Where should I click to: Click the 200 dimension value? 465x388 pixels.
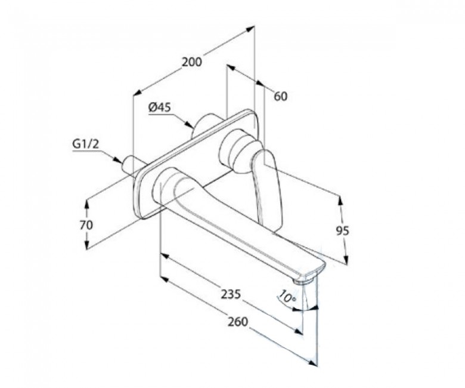192,62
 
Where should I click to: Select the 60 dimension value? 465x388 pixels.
281,97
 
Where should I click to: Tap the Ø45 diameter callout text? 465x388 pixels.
160,107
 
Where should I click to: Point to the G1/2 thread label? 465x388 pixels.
85,144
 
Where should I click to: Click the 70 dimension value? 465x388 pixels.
86,225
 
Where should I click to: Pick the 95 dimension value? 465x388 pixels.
343,230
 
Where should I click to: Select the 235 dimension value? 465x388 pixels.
231,294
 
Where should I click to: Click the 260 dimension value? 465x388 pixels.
237,322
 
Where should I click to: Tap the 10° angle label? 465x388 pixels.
287,297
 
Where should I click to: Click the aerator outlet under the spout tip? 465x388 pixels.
303,279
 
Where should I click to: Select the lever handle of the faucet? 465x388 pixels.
268,190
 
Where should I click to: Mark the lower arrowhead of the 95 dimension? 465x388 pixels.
346,259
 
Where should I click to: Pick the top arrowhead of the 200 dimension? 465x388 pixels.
250,29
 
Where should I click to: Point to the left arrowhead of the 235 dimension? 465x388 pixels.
165,256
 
